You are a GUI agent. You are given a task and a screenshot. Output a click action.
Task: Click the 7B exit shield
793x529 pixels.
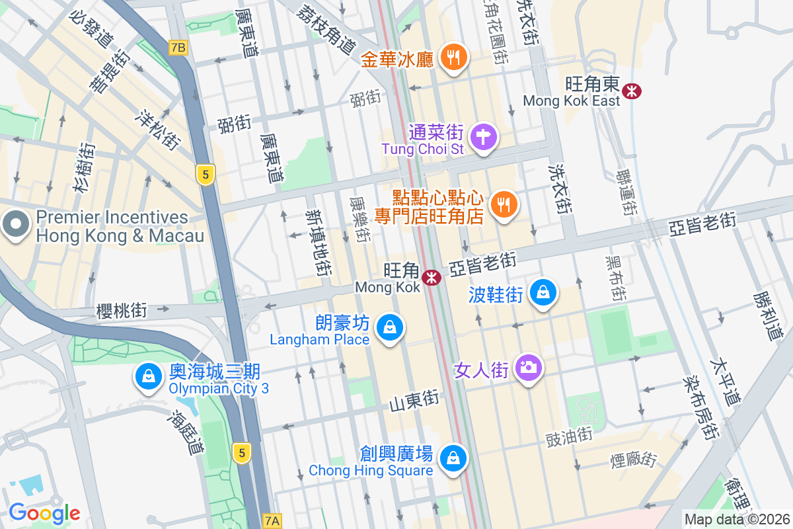tap(178, 47)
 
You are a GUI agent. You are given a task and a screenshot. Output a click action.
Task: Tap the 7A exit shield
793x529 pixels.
tap(272, 521)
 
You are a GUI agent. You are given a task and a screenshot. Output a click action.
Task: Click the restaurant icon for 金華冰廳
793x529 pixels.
tap(453, 58)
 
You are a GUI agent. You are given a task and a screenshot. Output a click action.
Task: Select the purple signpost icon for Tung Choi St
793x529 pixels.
tap(483, 137)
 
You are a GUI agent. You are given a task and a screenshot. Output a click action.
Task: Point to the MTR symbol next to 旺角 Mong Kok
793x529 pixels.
tap(432, 278)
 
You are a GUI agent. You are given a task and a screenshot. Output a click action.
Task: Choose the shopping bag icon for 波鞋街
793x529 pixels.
tap(543, 292)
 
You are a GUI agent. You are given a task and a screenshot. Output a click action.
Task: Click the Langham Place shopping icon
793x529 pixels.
tap(390, 327)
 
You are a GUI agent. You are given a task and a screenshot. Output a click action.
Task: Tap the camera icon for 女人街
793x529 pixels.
tap(528, 367)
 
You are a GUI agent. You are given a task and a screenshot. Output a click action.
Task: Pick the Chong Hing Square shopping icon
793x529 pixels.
tap(453, 458)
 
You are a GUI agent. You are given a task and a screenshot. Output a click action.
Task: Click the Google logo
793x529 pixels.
tap(44, 512)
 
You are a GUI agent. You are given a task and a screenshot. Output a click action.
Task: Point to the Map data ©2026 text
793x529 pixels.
tap(737, 519)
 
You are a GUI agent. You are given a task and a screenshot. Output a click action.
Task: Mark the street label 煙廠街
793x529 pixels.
tap(634, 458)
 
